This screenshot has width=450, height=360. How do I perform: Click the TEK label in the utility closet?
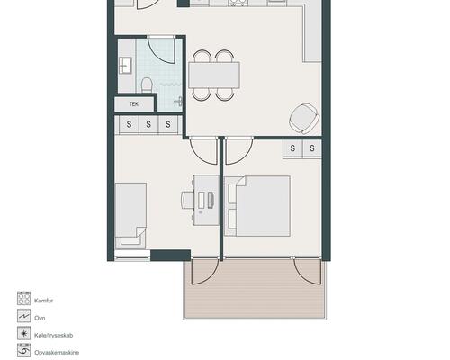tap(134, 104)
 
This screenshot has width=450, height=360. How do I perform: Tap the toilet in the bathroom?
tap(147, 85)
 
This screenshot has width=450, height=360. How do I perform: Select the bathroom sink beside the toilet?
tap(125, 66)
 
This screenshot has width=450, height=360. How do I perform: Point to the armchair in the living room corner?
tap(303, 119)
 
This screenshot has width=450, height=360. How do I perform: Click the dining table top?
tap(214, 75)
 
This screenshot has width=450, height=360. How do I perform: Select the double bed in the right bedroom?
tap(257, 206)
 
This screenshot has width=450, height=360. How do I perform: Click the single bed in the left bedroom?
tap(130, 215)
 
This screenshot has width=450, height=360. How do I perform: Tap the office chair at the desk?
tap(187, 200)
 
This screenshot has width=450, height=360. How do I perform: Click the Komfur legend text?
tap(44, 301)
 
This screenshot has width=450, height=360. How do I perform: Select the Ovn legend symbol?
tap(23, 316)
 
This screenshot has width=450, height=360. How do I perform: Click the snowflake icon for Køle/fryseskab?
tap(23, 333)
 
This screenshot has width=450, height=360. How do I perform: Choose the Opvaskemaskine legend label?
tap(57, 353)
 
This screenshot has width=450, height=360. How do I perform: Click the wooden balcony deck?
tap(255, 289)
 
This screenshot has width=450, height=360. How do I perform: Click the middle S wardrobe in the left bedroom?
tap(148, 124)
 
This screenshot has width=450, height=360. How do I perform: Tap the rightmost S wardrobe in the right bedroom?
tap(312, 148)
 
